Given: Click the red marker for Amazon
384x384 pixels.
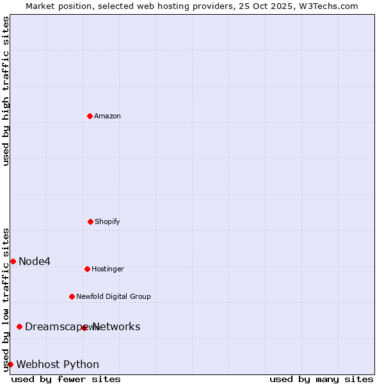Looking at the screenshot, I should click(90, 116).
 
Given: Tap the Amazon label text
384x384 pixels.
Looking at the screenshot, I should click(108, 116).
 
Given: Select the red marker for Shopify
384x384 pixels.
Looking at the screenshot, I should click(90, 221).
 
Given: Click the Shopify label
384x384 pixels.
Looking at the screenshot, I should click(108, 222).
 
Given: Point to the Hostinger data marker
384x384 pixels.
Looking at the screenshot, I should click(87, 269).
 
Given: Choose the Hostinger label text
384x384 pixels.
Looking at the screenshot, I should click(108, 269).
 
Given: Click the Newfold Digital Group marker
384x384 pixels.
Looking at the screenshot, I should click(72, 296).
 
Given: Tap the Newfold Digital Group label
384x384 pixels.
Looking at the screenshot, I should click(113, 297).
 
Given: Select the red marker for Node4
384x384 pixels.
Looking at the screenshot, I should click(13, 261).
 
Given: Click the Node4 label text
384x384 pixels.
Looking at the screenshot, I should click(35, 261).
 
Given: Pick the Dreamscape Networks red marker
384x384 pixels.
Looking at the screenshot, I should click(19, 326).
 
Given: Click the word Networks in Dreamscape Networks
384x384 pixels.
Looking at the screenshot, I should click(116, 326).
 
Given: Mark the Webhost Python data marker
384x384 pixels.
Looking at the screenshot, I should click(10, 364).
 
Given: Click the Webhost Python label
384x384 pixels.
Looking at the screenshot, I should click(58, 365).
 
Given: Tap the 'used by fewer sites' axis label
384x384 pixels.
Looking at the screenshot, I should click(66, 379).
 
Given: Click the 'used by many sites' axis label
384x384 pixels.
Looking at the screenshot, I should click(321, 379).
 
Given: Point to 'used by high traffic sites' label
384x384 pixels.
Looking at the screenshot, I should click(6, 91).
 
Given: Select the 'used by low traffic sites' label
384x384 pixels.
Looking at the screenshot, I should click(6, 300).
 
